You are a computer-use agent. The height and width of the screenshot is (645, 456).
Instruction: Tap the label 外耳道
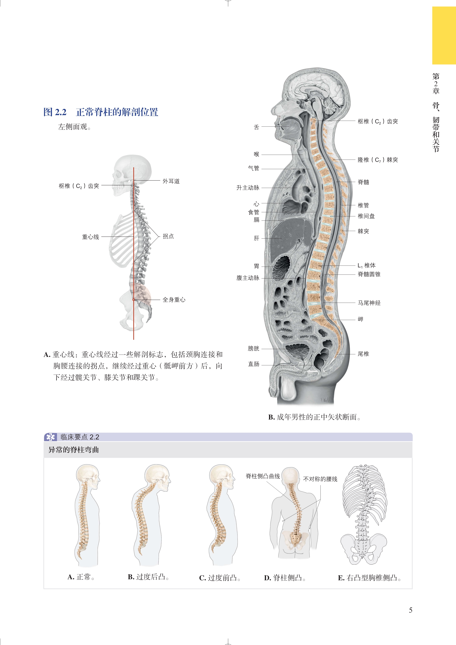(171, 181)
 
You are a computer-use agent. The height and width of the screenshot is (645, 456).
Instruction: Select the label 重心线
(90, 237)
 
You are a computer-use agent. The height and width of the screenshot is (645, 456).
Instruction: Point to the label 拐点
(168, 236)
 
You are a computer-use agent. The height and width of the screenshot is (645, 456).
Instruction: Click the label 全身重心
(174, 300)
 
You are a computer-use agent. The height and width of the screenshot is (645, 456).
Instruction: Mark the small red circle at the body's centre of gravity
(134, 300)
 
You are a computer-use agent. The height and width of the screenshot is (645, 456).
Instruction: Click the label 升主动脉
(248, 188)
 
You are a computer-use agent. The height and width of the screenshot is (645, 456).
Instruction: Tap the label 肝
(256, 238)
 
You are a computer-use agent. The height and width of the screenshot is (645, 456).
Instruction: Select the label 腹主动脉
(248, 278)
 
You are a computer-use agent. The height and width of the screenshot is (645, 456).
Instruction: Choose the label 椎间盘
(366, 216)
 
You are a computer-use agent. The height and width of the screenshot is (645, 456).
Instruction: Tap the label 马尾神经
(369, 303)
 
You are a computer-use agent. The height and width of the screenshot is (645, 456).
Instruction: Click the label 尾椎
(363, 354)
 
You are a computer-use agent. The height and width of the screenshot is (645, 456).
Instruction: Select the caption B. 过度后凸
(148, 577)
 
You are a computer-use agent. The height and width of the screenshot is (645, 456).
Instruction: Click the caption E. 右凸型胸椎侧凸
(369, 578)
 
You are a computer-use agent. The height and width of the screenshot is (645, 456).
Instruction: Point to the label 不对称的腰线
(320, 479)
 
